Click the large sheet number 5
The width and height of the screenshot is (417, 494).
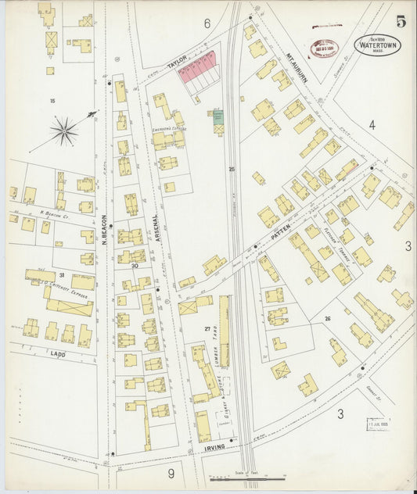point(401,21)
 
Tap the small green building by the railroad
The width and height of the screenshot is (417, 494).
point(218,116)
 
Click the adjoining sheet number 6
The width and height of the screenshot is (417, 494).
point(207,24)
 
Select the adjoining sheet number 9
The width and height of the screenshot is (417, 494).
point(170,472)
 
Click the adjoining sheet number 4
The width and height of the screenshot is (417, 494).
point(372,124)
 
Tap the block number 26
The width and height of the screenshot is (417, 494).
point(327,318)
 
